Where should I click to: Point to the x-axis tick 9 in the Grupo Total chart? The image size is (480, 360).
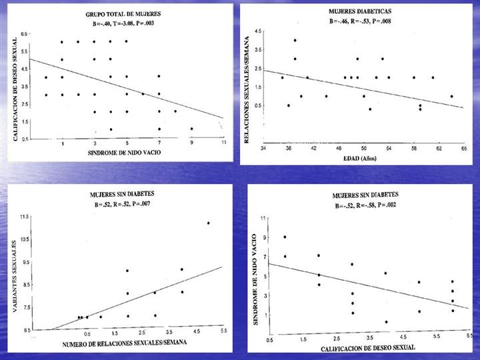(191, 143)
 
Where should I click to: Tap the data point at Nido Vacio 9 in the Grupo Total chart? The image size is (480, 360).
(191, 129)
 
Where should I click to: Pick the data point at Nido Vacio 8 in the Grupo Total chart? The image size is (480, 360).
(175, 111)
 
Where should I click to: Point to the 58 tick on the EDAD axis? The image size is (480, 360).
(413, 147)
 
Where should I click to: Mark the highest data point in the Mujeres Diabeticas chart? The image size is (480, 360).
(295, 41)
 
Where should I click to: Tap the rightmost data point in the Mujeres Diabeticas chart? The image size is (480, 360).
(451, 96)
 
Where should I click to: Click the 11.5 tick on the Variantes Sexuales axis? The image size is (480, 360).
(24, 217)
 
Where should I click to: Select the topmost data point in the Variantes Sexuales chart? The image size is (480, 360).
(208, 223)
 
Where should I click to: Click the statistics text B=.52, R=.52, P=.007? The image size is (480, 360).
(119, 203)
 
